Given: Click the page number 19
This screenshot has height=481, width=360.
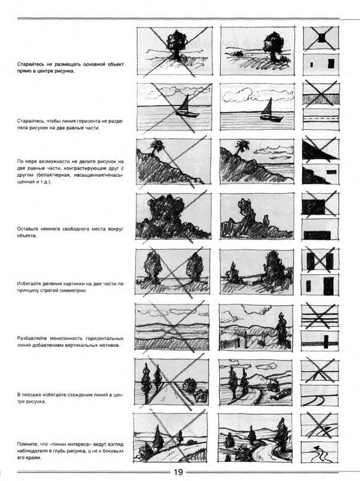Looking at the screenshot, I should click(x=179, y=473).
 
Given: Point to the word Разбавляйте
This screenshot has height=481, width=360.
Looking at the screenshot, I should click(x=33, y=338).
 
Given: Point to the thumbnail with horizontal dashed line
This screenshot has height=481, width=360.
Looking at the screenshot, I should click(x=321, y=119).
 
